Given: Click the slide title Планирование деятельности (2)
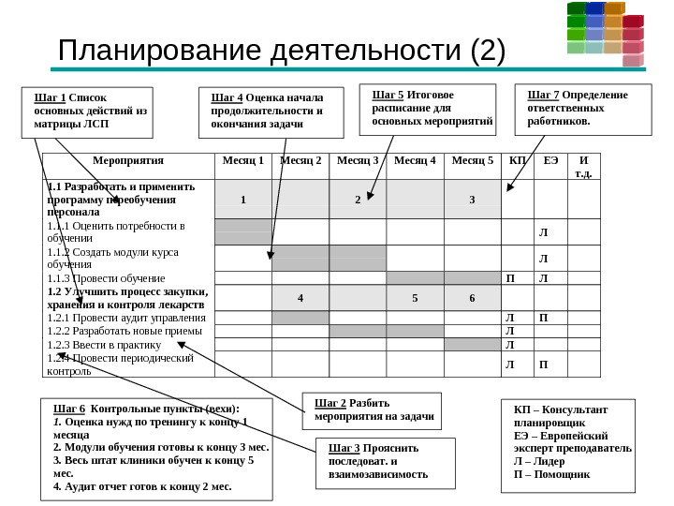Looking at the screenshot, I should click(281, 53).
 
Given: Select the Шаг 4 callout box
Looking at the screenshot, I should click(267, 112).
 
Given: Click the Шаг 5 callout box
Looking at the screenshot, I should click(431, 110).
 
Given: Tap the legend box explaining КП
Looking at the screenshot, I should click(569, 441).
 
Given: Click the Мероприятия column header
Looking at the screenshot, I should click(128, 160).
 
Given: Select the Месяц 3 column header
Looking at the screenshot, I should click(357, 160).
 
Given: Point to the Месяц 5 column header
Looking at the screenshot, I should click(472, 160).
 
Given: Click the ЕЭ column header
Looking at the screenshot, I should click(550, 160).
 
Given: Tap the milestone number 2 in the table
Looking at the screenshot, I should click(357, 200).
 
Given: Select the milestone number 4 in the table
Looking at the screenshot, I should click(300, 298).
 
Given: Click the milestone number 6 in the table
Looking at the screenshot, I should click(472, 298).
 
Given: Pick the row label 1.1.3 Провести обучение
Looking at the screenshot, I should click(106, 278).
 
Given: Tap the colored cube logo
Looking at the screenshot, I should click(605, 33).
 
